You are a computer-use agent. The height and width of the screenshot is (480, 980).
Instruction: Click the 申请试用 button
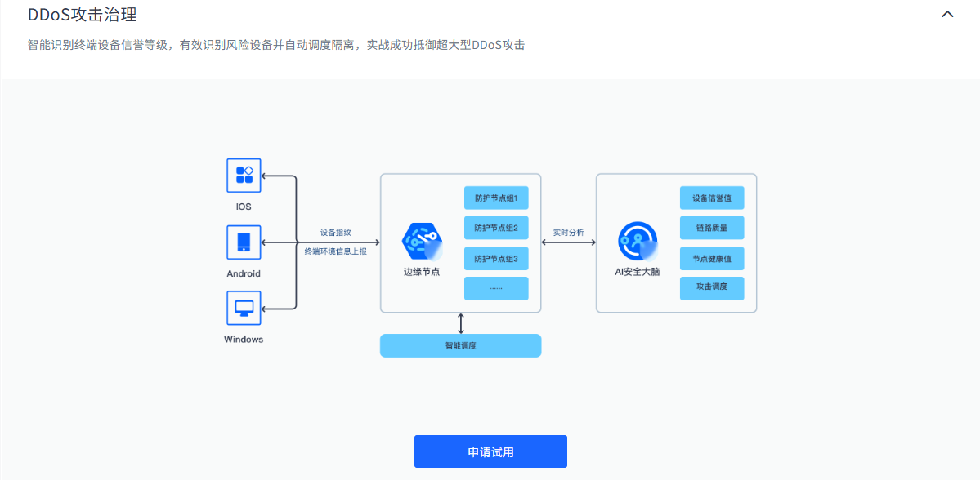(x=490, y=451)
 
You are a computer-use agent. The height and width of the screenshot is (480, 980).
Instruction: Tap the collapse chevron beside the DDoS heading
(x=947, y=14)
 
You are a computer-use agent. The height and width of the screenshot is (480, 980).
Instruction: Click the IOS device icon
(x=244, y=175)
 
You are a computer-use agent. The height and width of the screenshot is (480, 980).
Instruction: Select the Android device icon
(x=244, y=242)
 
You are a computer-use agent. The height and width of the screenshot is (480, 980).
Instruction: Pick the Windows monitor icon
(x=244, y=308)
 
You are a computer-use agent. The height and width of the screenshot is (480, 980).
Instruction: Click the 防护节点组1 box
(x=496, y=198)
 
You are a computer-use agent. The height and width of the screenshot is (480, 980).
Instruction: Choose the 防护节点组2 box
(x=496, y=228)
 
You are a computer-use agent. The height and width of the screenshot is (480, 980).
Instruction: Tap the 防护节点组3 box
(x=496, y=259)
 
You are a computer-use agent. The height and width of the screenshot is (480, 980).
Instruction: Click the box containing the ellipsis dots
(x=496, y=288)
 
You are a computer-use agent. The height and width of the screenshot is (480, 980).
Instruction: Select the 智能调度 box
(x=461, y=345)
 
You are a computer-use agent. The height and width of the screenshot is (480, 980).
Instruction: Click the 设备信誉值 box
(x=712, y=198)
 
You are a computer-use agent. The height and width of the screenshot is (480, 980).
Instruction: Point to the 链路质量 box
(x=712, y=228)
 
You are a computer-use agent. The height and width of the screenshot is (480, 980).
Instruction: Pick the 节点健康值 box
(x=712, y=259)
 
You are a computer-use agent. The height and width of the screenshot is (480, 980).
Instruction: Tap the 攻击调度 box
(x=712, y=288)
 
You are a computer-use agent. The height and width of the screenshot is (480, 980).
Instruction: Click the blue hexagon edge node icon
(x=421, y=240)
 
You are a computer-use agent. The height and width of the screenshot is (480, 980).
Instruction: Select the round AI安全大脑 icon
(x=638, y=241)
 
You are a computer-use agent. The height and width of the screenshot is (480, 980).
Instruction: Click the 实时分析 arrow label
(x=568, y=233)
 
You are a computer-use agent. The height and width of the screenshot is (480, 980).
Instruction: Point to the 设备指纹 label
(x=335, y=233)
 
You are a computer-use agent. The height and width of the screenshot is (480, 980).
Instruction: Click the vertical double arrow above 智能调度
(x=461, y=323)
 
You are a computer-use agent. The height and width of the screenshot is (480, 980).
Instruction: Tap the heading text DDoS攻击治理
(x=82, y=14)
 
